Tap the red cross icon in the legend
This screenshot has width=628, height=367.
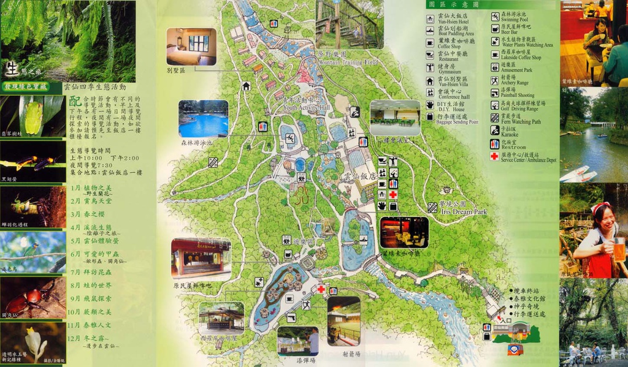(494, 157)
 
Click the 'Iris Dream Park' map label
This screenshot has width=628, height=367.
(463, 211)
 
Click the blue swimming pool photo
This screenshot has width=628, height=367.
(203, 119)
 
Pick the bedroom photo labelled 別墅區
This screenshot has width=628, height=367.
(191, 47)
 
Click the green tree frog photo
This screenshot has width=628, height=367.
(33, 115)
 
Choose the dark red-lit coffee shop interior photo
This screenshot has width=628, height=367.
(404, 232)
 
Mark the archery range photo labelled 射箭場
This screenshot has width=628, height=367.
(343, 320)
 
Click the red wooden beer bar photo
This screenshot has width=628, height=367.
(201, 259)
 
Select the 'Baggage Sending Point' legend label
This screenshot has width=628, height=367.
(454, 121)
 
